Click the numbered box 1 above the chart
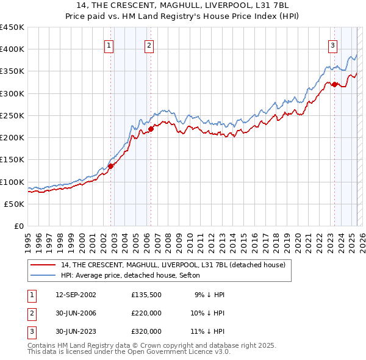click(x=109, y=44)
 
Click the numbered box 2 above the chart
click(x=149, y=44)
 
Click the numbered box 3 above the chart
click(x=333, y=44)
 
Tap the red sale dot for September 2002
click(x=111, y=166)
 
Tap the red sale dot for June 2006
click(x=151, y=128)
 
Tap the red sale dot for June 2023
click(x=334, y=84)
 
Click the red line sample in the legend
click(x=43, y=265)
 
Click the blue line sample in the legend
click(x=43, y=275)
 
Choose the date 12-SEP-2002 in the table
click(x=76, y=295)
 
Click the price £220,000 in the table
click(x=146, y=313)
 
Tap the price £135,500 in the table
click(x=146, y=295)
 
